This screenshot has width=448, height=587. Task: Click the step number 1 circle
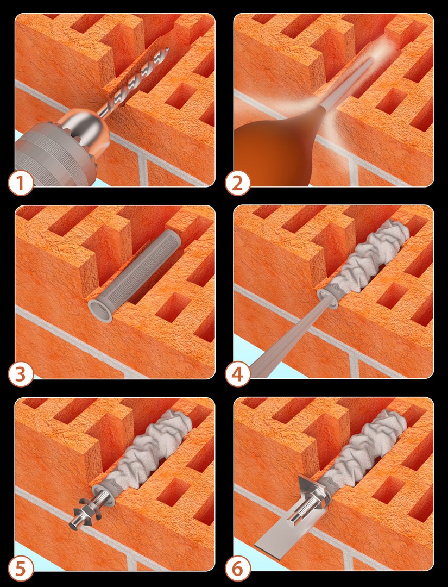tap(21, 184)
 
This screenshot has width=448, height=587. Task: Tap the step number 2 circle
tap(237, 184)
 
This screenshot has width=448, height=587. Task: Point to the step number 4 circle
tap(237, 375)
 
